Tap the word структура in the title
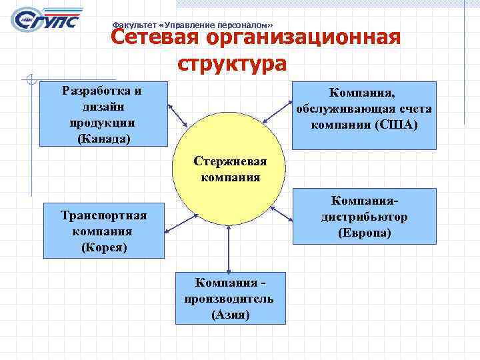point(233,64)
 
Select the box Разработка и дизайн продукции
point(103,114)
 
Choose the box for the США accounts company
point(364,114)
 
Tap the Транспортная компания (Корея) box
point(103,231)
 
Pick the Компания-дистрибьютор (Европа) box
point(364,215)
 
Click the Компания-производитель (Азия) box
point(230,297)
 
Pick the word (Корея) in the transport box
point(103,247)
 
